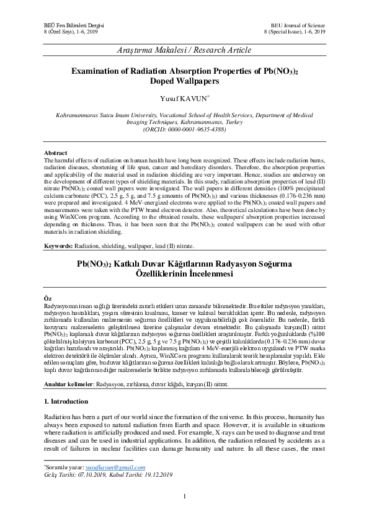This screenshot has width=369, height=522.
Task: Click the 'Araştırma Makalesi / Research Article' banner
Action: point(184,48)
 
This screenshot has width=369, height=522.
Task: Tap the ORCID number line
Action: point(184,130)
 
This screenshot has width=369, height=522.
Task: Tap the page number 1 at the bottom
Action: point(184,496)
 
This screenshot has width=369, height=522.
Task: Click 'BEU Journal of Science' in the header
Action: point(301,22)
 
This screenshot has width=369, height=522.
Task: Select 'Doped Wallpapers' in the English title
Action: point(184,81)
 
